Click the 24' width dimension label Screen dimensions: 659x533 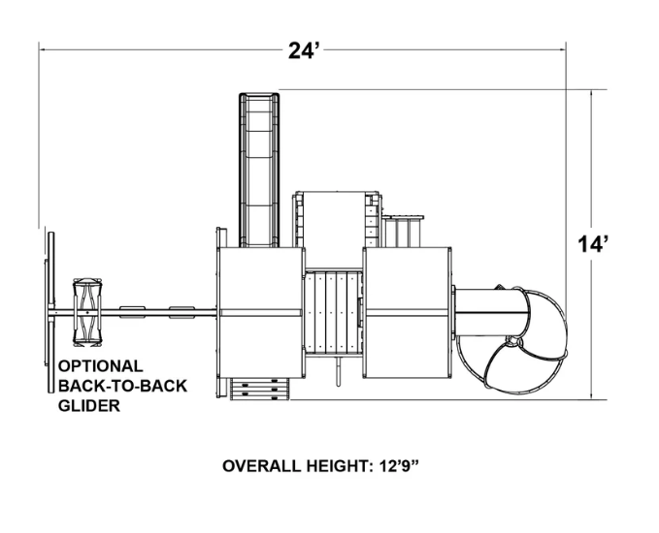coord(305,50)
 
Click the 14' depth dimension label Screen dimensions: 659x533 coord(593,244)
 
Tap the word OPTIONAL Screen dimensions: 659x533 coord(100,366)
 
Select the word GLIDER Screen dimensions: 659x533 coord(89,406)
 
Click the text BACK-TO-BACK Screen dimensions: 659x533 coord(122,386)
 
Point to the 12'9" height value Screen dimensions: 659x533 coord(399,466)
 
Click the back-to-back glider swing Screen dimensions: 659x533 coord(87,313)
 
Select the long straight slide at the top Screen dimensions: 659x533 coord(259,170)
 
